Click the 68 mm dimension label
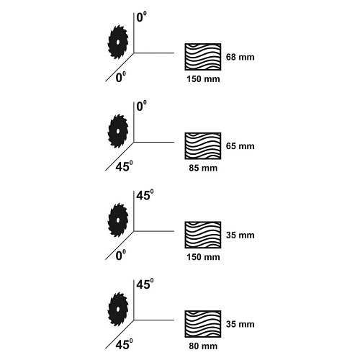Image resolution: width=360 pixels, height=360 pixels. click(x=240, y=57)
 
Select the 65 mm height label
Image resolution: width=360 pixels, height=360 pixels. click(x=240, y=146)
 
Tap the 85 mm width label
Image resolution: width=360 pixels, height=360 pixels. click(x=203, y=168)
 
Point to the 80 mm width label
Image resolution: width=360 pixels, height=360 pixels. click(x=203, y=346)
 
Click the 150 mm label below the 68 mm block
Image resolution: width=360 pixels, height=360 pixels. click(x=203, y=79)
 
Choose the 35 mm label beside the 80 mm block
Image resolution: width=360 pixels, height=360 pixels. click(x=240, y=324)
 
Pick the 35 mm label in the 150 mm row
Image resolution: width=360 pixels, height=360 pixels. click(x=240, y=235)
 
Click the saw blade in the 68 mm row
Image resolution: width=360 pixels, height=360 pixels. click(x=118, y=42)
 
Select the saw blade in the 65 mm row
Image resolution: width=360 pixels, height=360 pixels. click(x=118, y=131)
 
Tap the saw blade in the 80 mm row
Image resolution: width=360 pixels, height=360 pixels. click(x=118, y=309)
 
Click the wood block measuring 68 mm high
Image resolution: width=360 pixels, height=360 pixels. click(x=203, y=57)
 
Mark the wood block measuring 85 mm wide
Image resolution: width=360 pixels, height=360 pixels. click(x=203, y=146)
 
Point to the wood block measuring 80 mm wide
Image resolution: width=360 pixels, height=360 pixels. click(x=203, y=324)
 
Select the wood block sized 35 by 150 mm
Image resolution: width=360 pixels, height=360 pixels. click(x=203, y=235)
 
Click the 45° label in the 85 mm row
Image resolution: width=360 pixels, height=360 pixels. click(x=124, y=166)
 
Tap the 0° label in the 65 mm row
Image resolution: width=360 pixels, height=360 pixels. click(x=141, y=106)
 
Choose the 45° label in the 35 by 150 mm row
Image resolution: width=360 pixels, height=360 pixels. click(x=145, y=195)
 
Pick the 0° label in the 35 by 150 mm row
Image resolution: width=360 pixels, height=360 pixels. click(x=121, y=255)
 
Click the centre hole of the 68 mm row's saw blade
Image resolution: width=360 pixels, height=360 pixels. click(x=118, y=42)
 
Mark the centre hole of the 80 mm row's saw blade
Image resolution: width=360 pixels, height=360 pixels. click(x=118, y=309)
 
